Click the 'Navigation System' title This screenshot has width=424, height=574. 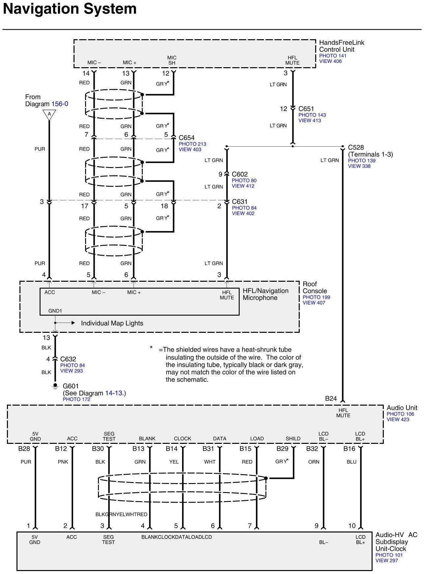(70, 9)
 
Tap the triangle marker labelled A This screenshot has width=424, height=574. (49, 114)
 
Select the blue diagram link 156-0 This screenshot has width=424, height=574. (60, 104)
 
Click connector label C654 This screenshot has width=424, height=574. (186, 138)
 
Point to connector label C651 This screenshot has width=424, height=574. (306, 109)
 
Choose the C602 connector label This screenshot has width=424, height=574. (239, 174)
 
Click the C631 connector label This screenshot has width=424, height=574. (239, 202)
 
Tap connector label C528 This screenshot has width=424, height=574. (356, 147)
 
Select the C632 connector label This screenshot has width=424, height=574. (68, 359)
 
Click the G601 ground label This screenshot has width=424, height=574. (71, 386)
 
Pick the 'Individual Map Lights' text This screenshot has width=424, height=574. (112, 323)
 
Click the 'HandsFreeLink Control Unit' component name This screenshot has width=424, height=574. (341, 46)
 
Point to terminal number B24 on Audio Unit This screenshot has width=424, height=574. (331, 399)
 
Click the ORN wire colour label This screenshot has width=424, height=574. (314, 462)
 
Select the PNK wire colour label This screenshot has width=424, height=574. (63, 462)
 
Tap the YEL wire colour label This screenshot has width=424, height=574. (174, 462)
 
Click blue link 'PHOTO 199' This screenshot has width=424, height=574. (316, 297)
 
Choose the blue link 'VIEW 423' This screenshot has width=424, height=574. (398, 419)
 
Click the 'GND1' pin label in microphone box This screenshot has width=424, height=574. (55, 311)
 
